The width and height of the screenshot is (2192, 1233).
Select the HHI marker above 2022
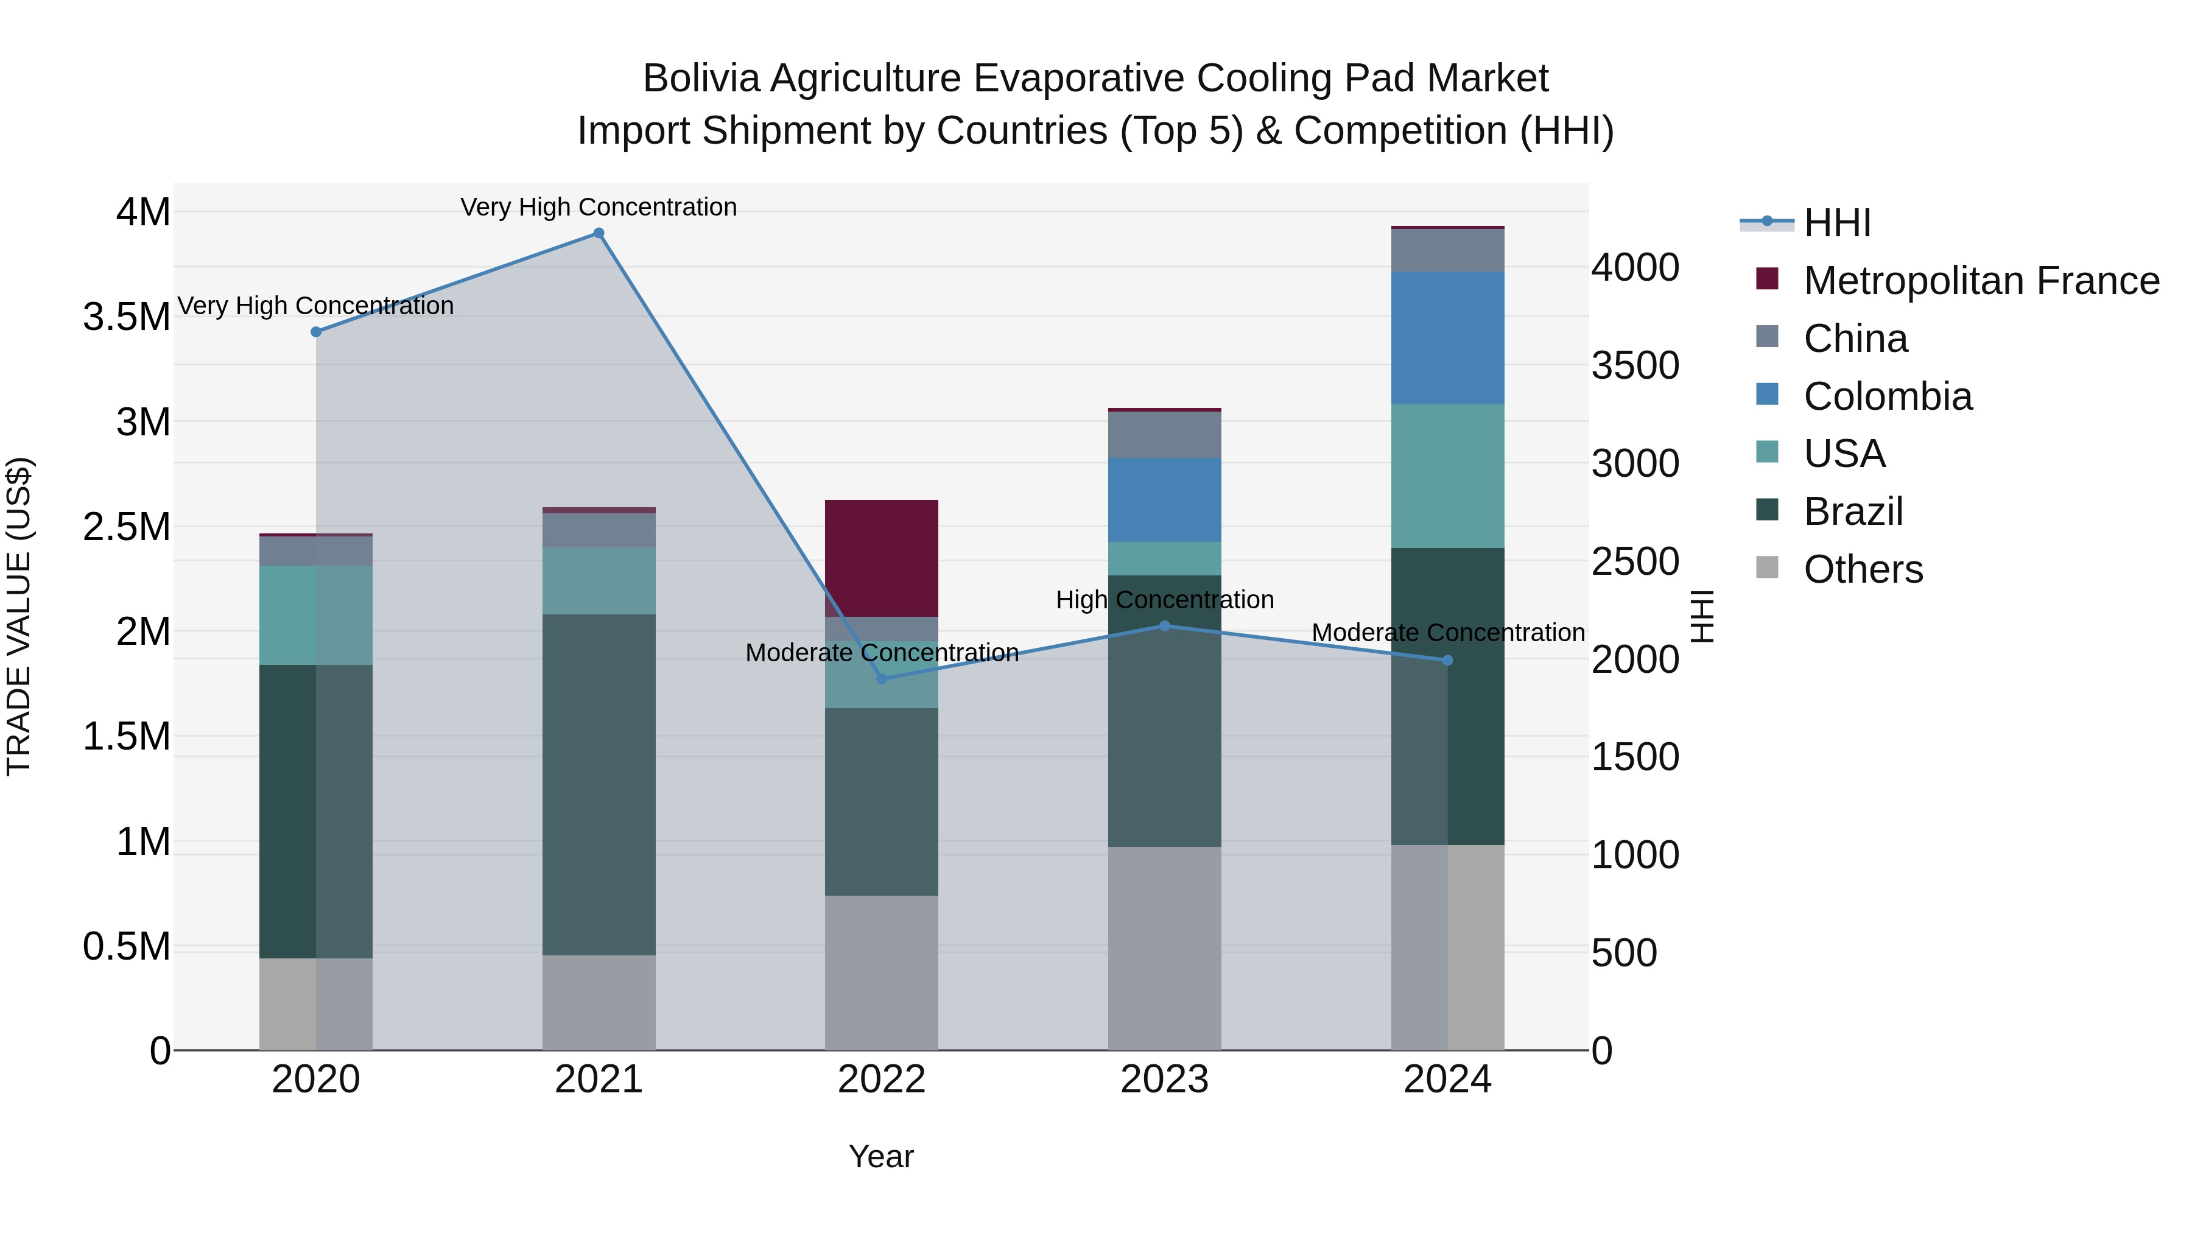point(882,679)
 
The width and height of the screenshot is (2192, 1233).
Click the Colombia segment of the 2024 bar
point(1447,338)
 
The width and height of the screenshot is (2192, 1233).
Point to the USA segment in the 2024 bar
point(1447,476)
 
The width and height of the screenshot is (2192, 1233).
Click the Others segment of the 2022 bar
point(882,972)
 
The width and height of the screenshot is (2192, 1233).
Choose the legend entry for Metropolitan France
point(1980,281)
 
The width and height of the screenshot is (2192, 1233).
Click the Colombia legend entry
point(1888,396)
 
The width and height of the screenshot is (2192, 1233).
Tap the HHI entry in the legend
point(1836,223)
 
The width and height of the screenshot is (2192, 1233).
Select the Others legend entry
point(1863,569)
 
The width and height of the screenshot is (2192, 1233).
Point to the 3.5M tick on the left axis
point(126,317)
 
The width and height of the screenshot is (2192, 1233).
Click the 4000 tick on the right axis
point(1635,267)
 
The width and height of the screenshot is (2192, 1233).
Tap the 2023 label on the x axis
point(1164,1080)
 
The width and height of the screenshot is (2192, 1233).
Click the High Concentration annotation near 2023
point(1164,600)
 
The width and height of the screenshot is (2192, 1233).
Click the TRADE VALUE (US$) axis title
point(19,616)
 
